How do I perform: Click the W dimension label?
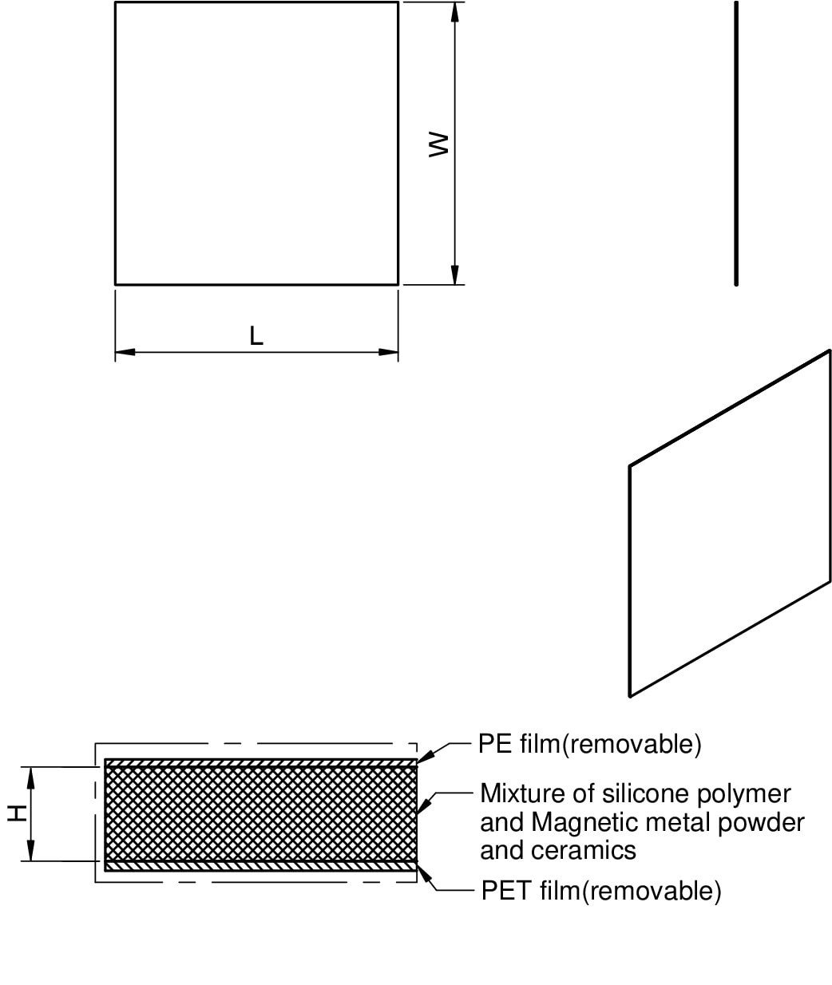click(x=438, y=144)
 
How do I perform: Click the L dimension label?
click(x=256, y=336)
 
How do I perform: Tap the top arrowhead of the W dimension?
click(x=454, y=12)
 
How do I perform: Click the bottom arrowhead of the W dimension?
click(x=454, y=275)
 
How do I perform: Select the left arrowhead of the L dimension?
click(x=125, y=352)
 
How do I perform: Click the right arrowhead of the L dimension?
click(x=388, y=352)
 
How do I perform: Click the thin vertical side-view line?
click(x=735, y=144)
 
